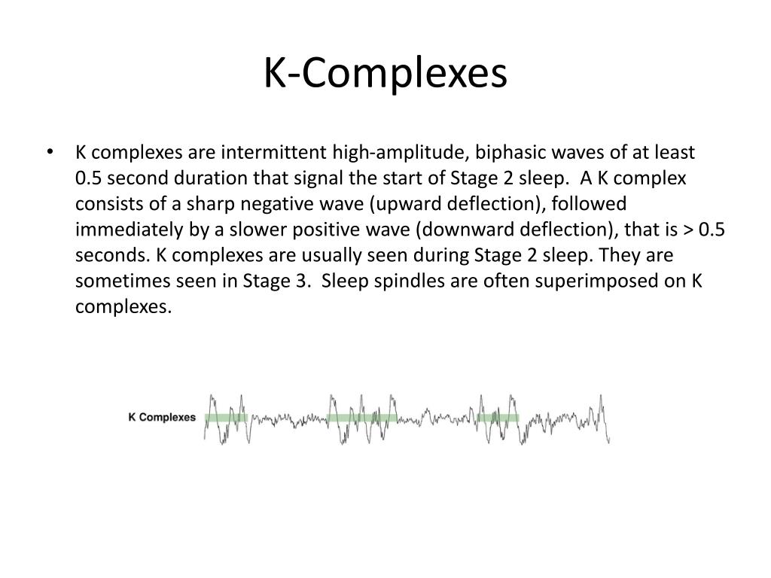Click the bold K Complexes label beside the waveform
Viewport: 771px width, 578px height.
(x=162, y=417)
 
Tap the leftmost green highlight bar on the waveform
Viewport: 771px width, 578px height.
(x=225, y=417)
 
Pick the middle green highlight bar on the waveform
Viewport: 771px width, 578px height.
(x=362, y=417)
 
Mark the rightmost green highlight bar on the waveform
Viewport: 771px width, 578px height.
(x=498, y=417)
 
